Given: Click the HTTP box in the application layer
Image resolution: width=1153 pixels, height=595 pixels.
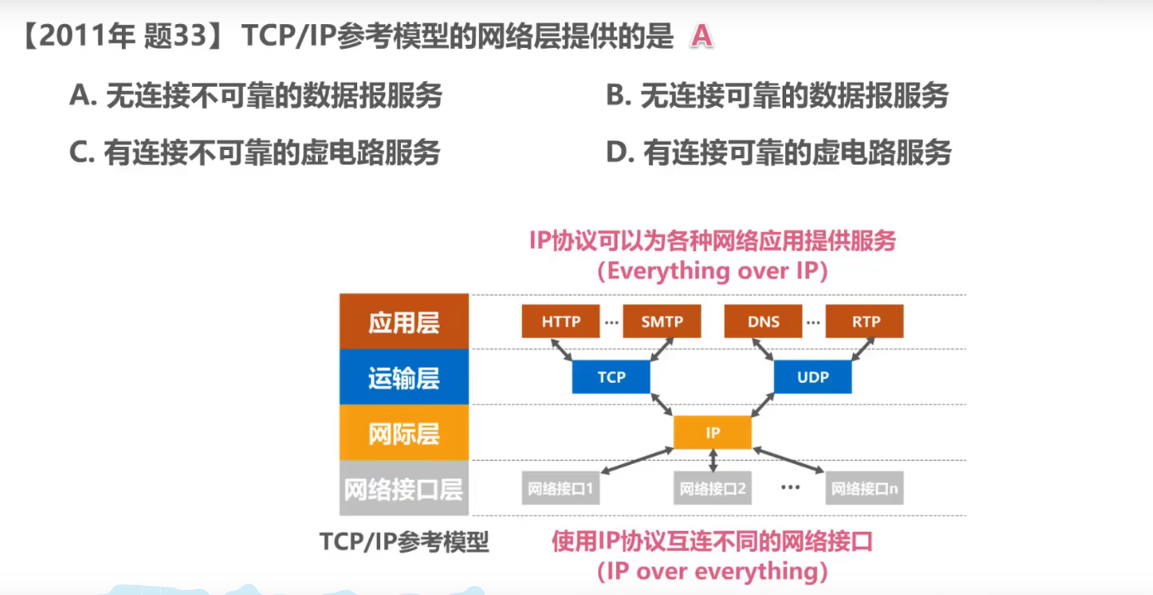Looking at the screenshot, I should pos(561,322).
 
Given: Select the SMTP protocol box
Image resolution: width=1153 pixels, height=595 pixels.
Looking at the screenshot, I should pos(662,322).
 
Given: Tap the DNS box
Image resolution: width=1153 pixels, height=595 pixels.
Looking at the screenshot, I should pos(763,322).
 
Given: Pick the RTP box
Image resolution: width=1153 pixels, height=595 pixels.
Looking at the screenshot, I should pos(866,322).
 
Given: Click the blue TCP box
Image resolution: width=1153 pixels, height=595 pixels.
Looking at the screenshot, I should pos(611,377).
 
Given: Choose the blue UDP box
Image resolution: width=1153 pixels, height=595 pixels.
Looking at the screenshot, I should pos(813,377).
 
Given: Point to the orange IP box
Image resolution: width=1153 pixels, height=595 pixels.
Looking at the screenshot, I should pos(712,433).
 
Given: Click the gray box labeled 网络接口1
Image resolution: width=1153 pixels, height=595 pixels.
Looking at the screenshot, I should pos(561,489).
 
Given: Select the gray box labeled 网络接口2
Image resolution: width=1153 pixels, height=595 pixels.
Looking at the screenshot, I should pos(712,489).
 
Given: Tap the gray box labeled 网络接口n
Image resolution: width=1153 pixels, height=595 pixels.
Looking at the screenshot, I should pos(865,489).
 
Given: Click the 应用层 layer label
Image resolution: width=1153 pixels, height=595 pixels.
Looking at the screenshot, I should pos(404,322).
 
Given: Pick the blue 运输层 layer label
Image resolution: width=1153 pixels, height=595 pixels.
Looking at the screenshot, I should pos(404,378).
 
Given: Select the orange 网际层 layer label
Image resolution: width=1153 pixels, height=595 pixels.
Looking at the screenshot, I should pos(404,433).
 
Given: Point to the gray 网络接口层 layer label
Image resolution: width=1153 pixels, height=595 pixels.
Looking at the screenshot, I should pos(404,489).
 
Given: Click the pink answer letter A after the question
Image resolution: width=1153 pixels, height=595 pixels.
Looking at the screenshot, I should pos(702,37).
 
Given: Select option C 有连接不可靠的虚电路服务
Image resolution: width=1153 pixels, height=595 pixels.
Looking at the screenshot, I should pos(255,152).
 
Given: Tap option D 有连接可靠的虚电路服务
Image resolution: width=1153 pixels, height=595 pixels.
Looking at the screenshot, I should pos(779,152).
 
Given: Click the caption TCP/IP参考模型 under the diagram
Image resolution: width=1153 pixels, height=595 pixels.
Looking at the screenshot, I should pos(404,542).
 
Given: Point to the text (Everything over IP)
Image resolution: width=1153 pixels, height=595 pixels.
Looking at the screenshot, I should pos(712,271).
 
